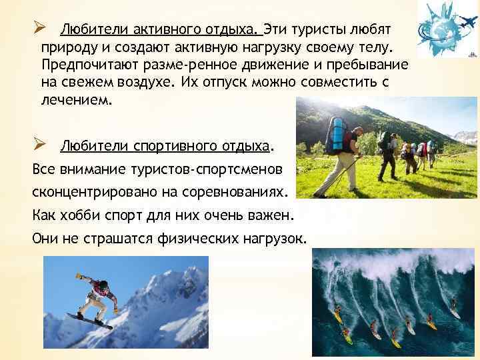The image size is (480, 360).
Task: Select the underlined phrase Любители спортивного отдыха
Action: (166, 145)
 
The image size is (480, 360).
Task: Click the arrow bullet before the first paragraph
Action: (39, 29)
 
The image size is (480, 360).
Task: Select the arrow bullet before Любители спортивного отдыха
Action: (39, 145)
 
